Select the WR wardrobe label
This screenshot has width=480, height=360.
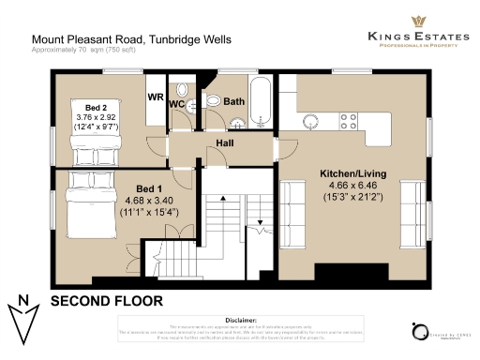[x=156, y=97]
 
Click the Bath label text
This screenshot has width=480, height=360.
[x=233, y=101]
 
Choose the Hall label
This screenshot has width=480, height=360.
[x=226, y=142]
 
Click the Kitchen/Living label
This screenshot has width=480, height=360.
[x=352, y=174]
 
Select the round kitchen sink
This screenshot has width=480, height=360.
[x=311, y=117]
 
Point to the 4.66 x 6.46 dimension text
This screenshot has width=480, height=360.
[x=352, y=187]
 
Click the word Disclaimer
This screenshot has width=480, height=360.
[x=241, y=319]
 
